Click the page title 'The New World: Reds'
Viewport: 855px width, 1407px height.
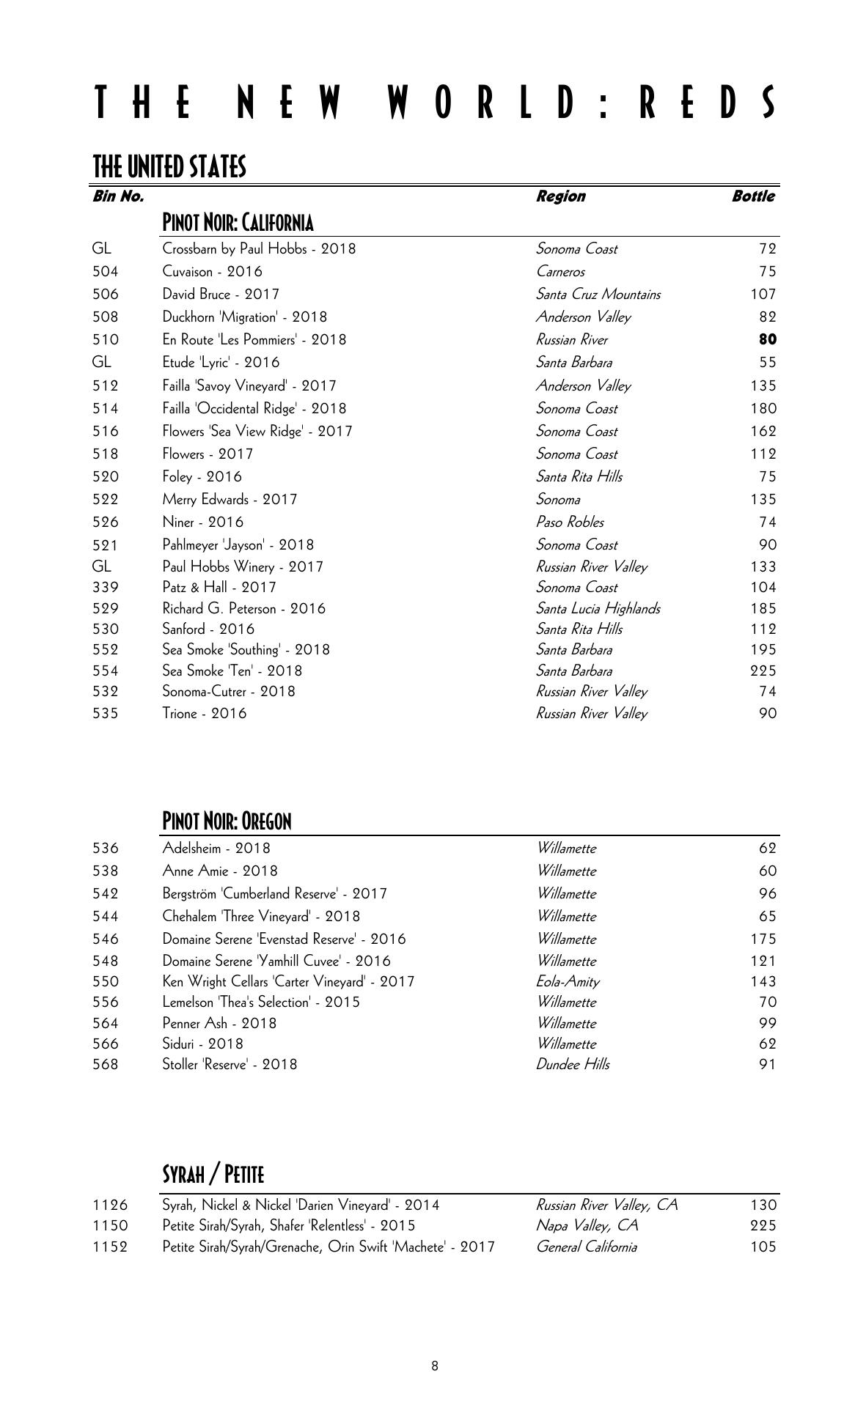[x=435, y=102]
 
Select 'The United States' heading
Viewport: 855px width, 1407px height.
[x=169, y=167]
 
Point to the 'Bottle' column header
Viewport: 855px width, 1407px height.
[x=753, y=196]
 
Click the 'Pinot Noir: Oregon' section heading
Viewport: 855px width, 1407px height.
[x=227, y=821]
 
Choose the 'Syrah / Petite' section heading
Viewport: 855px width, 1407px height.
[x=213, y=1175]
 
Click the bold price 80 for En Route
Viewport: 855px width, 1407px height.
[x=768, y=340]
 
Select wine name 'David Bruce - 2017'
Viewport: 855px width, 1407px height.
[x=221, y=295]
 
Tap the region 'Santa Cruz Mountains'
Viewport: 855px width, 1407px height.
[x=598, y=295]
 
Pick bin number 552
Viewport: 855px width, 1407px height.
[x=106, y=650]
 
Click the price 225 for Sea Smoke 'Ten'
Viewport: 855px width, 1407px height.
[x=763, y=671]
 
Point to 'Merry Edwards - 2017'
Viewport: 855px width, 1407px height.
[x=230, y=500]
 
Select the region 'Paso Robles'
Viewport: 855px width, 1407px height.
[x=570, y=522]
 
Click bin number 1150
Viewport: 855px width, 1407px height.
[x=110, y=1226]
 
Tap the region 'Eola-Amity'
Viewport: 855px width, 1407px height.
[x=568, y=982]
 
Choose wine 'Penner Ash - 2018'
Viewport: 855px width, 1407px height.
[x=219, y=1024]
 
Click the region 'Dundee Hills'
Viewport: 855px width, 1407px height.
[x=572, y=1065]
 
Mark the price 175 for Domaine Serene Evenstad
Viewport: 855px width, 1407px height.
[x=763, y=939]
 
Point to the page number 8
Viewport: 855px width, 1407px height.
[x=435, y=1366]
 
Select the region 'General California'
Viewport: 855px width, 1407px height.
[x=586, y=1247]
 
